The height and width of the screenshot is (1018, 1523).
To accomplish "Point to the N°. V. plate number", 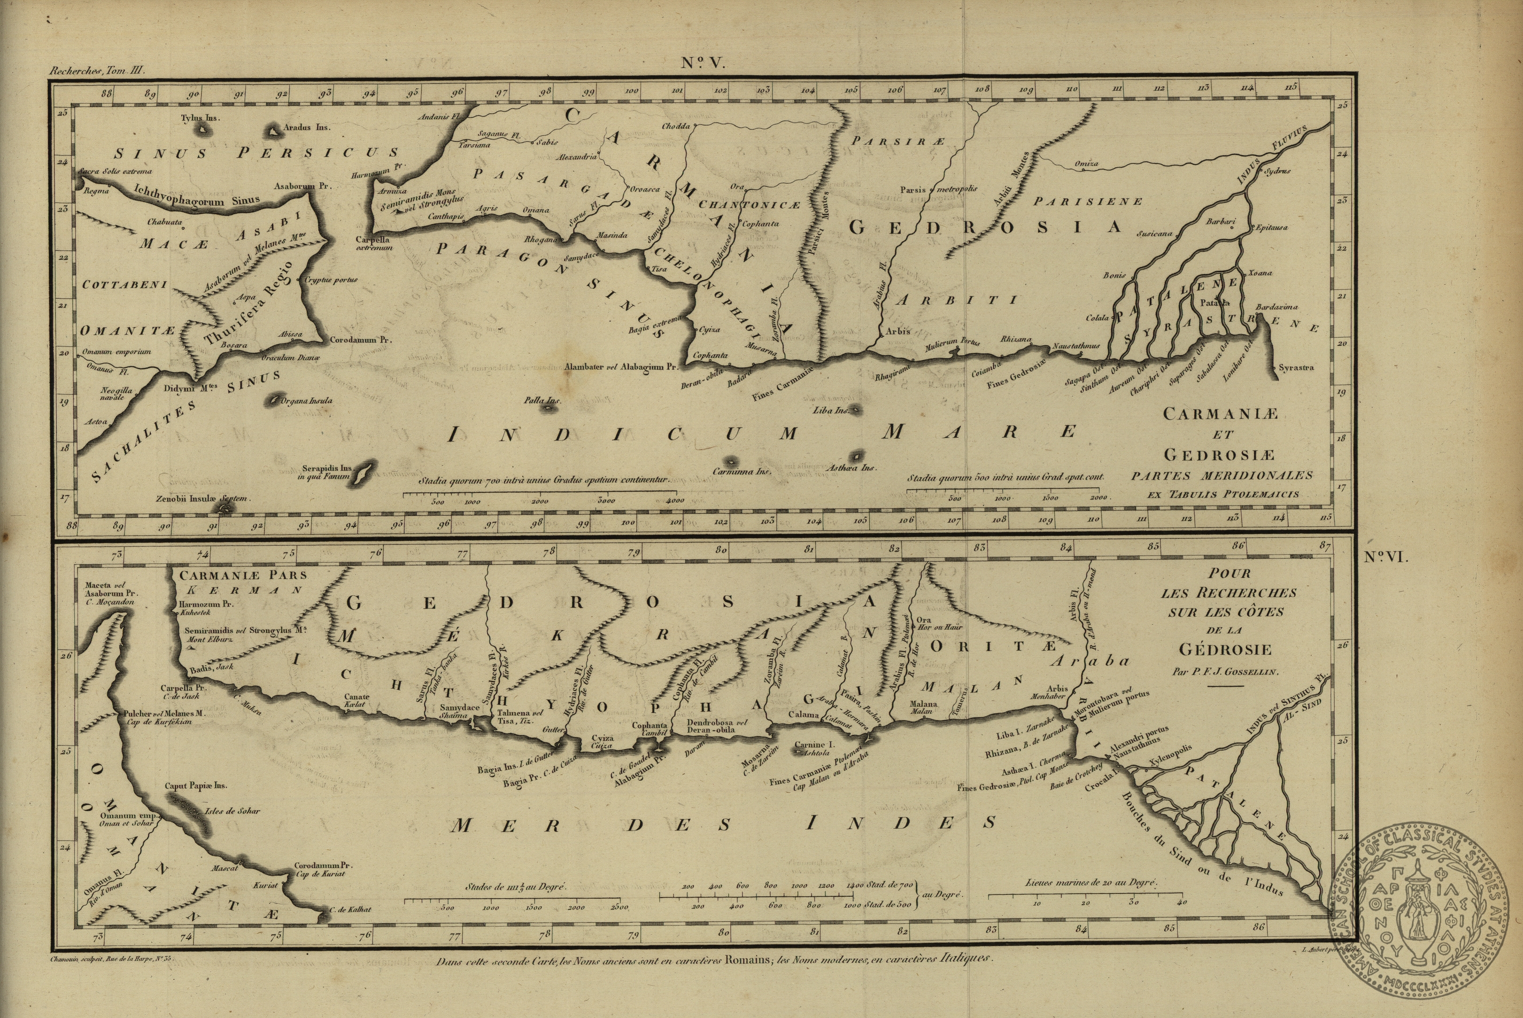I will [x=703, y=63].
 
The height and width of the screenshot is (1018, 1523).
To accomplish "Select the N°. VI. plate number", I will [x=1386, y=558].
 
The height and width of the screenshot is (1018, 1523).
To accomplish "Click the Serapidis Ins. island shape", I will [x=364, y=471].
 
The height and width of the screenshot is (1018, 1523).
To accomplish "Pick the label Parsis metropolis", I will [x=938, y=190].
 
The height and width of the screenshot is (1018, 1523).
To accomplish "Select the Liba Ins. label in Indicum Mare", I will [x=831, y=410].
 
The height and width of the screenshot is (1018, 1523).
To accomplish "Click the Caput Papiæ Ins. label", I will [x=195, y=785].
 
